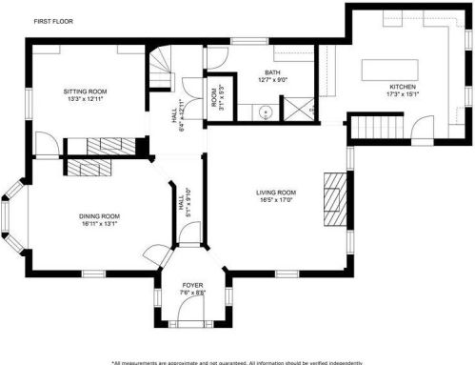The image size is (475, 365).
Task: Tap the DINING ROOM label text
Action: tap(99, 216)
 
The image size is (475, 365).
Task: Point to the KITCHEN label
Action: tap(401, 86)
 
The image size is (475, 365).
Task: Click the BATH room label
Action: tap(272, 72)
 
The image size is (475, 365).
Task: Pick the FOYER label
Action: tap(193, 285)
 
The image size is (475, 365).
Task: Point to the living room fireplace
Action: tap(335, 194)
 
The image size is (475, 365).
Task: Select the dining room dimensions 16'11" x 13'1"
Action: tap(99, 225)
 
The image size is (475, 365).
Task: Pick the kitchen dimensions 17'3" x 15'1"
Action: tap(401, 94)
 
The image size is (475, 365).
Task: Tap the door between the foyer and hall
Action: tap(190, 247)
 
